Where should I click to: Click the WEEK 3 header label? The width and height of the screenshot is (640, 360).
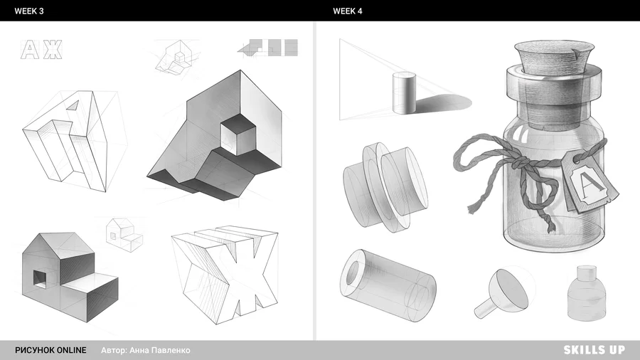tap(29, 11)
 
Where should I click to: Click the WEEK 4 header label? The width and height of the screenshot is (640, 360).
tap(347, 11)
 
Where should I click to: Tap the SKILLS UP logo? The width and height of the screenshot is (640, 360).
tap(594, 350)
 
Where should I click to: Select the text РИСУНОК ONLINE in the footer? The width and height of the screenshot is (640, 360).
tap(50, 350)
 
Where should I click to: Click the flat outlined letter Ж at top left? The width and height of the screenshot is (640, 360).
tap(53, 49)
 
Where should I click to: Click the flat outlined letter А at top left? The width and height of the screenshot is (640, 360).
tap(30, 49)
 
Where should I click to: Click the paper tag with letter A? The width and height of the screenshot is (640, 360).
tap(590, 182)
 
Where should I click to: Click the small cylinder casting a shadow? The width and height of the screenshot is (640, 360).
tap(404, 92)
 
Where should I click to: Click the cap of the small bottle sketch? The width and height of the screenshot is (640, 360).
tap(587, 273)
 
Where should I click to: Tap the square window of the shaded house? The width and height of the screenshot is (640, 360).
tap(40, 278)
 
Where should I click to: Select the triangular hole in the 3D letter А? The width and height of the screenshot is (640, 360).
tap(73, 105)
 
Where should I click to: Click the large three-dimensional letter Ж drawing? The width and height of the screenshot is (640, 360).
tap(225, 273)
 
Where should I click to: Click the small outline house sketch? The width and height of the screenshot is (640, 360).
tap(124, 235)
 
